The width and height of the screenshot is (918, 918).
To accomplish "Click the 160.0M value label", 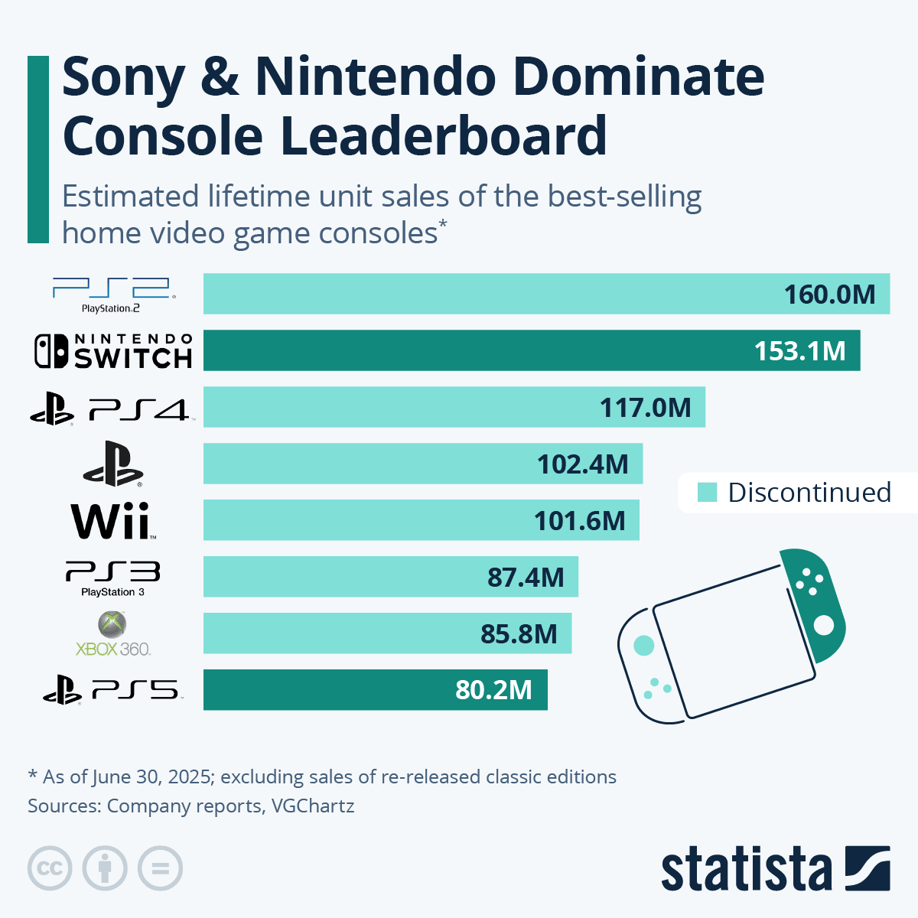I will [829, 295].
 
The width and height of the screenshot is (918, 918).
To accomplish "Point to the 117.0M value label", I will [645, 408].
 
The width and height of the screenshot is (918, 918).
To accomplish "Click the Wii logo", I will [113, 521].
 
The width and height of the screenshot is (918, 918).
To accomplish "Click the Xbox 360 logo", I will [113, 634].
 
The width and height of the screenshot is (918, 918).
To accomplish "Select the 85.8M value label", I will [519, 634].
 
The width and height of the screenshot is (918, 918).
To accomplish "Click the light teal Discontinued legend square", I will [708, 493].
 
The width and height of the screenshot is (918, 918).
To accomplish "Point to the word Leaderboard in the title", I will [443, 135].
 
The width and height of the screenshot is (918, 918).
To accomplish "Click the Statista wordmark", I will [746, 870].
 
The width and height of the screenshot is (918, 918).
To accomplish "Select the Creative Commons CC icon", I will [50, 869].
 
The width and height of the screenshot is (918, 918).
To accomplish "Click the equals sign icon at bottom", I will [160, 869].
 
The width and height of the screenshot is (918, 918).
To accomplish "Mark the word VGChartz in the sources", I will [313, 806].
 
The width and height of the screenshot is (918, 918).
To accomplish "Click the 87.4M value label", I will [526, 578].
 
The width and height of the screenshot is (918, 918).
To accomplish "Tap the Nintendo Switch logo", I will [113, 350].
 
